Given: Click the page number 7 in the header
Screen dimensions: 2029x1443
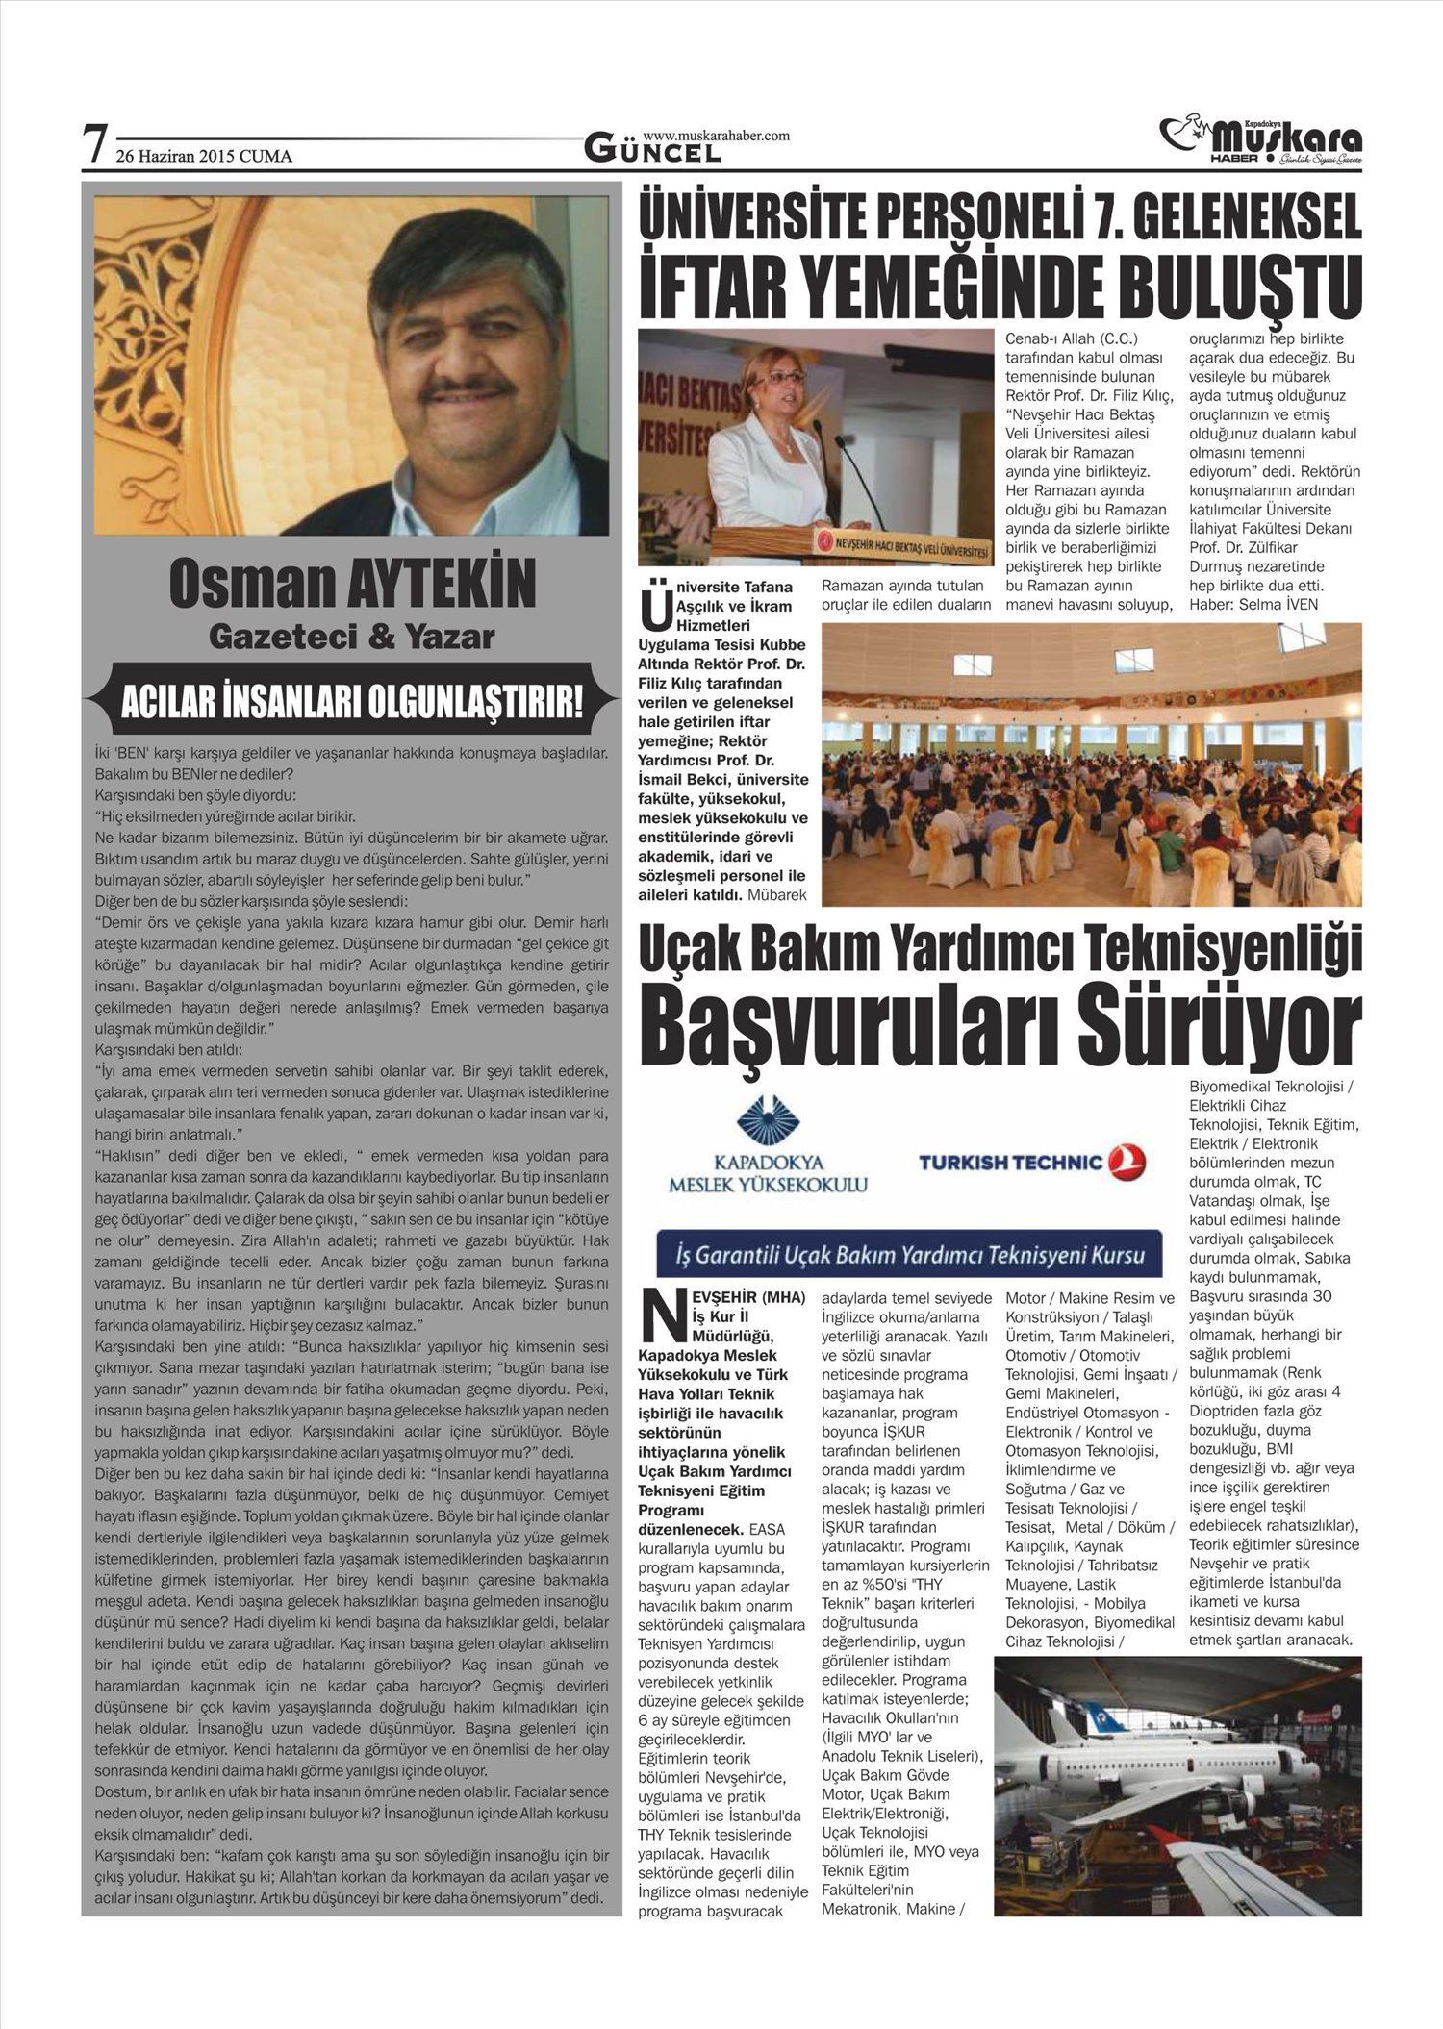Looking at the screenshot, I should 94,145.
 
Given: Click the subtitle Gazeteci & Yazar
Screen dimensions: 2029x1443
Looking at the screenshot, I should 351,637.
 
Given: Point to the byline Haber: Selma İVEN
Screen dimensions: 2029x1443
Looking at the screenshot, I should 1253,604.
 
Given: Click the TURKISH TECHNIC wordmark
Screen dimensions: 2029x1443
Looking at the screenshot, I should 1009,1163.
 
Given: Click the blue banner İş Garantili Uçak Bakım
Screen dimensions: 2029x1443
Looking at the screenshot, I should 907,1255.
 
